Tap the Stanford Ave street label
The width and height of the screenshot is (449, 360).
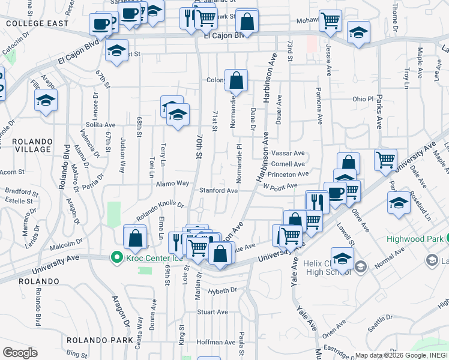(x=218, y=190)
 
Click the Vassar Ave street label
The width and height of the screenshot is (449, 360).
(x=288, y=153)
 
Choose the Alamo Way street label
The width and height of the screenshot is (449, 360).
(x=174, y=183)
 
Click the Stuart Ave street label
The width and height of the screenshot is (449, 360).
(x=213, y=312)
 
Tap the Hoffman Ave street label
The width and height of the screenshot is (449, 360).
(x=209, y=341)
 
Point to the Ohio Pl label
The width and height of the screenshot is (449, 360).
(x=363, y=98)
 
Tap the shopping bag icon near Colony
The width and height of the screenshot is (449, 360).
(x=237, y=80)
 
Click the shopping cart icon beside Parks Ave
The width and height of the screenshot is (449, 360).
(x=385, y=159)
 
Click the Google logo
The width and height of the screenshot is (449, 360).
(x=20, y=352)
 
